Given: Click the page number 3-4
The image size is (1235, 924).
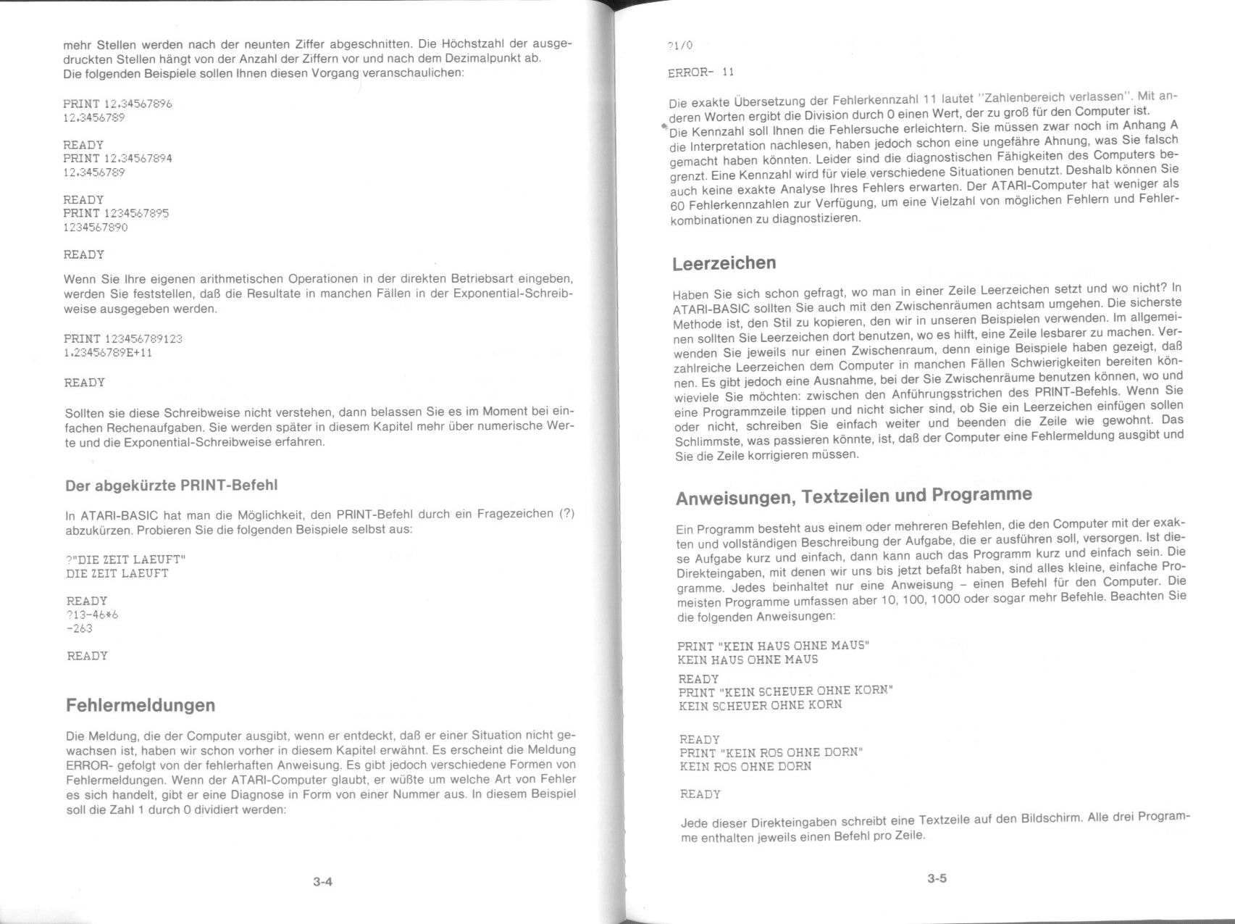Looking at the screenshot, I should pyautogui.click(x=322, y=882).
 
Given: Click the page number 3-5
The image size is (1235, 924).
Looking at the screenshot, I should pyautogui.click(x=937, y=879).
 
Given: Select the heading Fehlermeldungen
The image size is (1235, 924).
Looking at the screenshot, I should pyautogui.click(x=140, y=705).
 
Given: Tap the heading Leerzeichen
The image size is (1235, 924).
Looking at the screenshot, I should pyautogui.click(x=724, y=263).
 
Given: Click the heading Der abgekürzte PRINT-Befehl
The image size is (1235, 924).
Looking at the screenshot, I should pyautogui.click(x=171, y=485).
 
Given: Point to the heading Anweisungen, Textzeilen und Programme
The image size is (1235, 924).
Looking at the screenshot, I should pyautogui.click(x=853, y=496).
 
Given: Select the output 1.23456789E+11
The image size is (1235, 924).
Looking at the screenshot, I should pyautogui.click(x=108, y=353).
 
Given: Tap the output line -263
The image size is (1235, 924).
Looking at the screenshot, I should pyautogui.click(x=80, y=628).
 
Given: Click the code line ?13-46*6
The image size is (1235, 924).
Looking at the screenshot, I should pyautogui.click(x=92, y=615).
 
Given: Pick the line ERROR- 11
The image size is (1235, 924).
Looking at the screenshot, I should pyautogui.click(x=700, y=72).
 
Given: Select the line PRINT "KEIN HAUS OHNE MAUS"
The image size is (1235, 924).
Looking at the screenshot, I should pyautogui.click(x=773, y=646).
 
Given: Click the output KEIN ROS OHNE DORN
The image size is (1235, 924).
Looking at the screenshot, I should pyautogui.click(x=745, y=766).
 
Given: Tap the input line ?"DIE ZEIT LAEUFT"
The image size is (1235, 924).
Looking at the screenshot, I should pyautogui.click(x=126, y=559).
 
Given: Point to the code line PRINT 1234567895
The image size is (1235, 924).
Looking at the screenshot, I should pyautogui.click(x=116, y=213).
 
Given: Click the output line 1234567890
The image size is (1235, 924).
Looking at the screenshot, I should pyautogui.click(x=95, y=228).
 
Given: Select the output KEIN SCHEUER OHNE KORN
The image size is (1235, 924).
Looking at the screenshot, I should pyautogui.click(x=760, y=704).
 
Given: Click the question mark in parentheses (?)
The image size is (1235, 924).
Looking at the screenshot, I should pyautogui.click(x=567, y=514).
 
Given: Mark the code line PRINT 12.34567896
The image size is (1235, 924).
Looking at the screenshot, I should pyautogui.click(x=117, y=104).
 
